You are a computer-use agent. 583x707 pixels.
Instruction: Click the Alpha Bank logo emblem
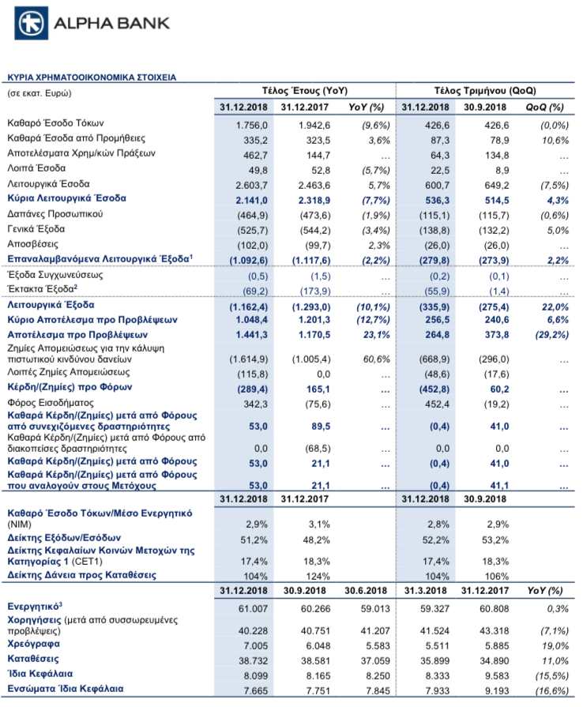pyautogui.click(x=31, y=23)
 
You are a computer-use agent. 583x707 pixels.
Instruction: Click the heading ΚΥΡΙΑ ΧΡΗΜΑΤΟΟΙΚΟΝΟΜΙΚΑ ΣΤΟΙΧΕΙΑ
pyautogui.click(x=92, y=77)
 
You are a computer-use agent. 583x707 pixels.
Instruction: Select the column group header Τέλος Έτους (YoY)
pyautogui.click(x=305, y=91)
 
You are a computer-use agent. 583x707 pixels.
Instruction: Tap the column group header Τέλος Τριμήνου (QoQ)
pyautogui.click(x=485, y=91)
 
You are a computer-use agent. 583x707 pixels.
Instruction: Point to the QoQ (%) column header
pyautogui.click(x=544, y=107)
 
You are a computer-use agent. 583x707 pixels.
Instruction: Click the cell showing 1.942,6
pyautogui.click(x=314, y=126)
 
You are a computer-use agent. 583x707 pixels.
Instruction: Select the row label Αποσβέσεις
pyautogui.click(x=32, y=244)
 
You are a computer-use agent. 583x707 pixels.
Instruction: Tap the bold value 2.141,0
pyautogui.click(x=251, y=200)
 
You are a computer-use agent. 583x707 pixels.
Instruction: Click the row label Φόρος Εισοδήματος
pyautogui.click(x=51, y=403)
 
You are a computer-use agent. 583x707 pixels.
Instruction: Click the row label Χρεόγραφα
pyautogui.click(x=33, y=644)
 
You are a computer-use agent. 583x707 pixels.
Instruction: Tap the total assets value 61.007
pyautogui.click(x=253, y=609)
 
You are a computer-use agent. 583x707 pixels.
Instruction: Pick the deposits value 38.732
pyautogui.click(x=253, y=661)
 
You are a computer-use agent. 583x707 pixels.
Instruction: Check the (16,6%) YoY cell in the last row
pyautogui.click(x=552, y=690)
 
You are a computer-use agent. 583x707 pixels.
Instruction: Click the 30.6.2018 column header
pyautogui.click(x=366, y=591)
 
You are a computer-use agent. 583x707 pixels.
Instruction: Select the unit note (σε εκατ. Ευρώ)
pyautogui.click(x=39, y=93)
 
